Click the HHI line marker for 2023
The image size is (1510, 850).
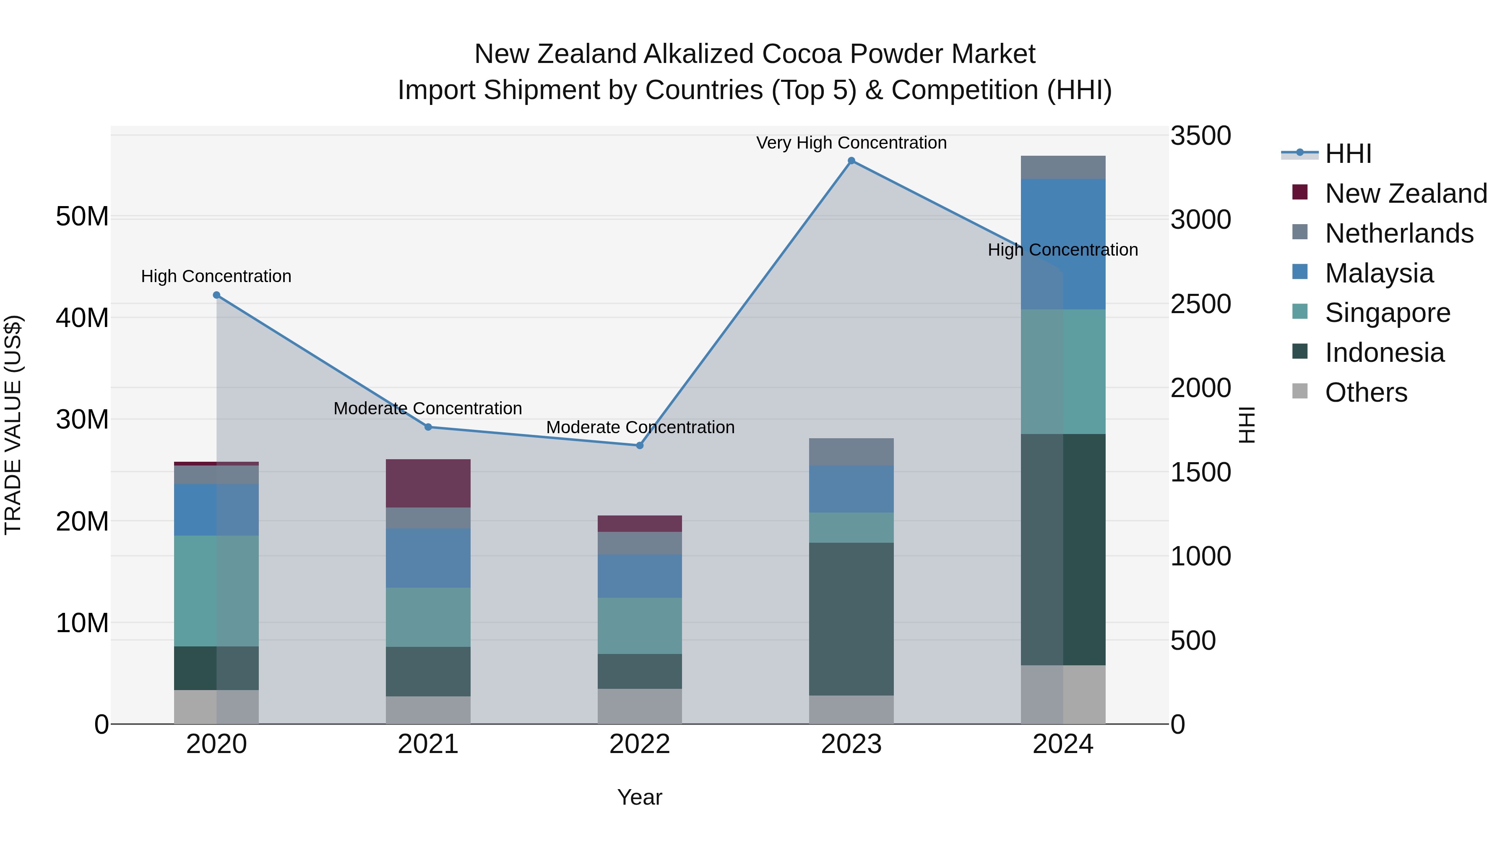pos(851,161)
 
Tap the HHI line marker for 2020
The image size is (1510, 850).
pos(216,295)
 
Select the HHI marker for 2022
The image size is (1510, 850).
pos(640,445)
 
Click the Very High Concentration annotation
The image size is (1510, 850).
pos(851,143)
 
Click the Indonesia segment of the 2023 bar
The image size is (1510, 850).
pos(851,618)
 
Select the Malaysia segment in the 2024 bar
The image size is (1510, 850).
pos(1063,243)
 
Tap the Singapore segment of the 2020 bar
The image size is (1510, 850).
pos(216,590)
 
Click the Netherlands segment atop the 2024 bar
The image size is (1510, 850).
pos(1063,167)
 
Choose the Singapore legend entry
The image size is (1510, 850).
pos(1387,313)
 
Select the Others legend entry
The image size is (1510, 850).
pos(1365,392)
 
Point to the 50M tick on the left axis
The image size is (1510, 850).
pos(82,217)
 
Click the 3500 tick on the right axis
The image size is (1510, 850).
pos(1200,136)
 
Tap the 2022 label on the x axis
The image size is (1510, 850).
pos(640,744)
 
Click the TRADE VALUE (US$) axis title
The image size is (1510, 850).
pos(13,425)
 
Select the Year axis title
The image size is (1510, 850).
pos(640,797)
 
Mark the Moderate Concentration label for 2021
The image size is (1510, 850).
pos(427,408)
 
